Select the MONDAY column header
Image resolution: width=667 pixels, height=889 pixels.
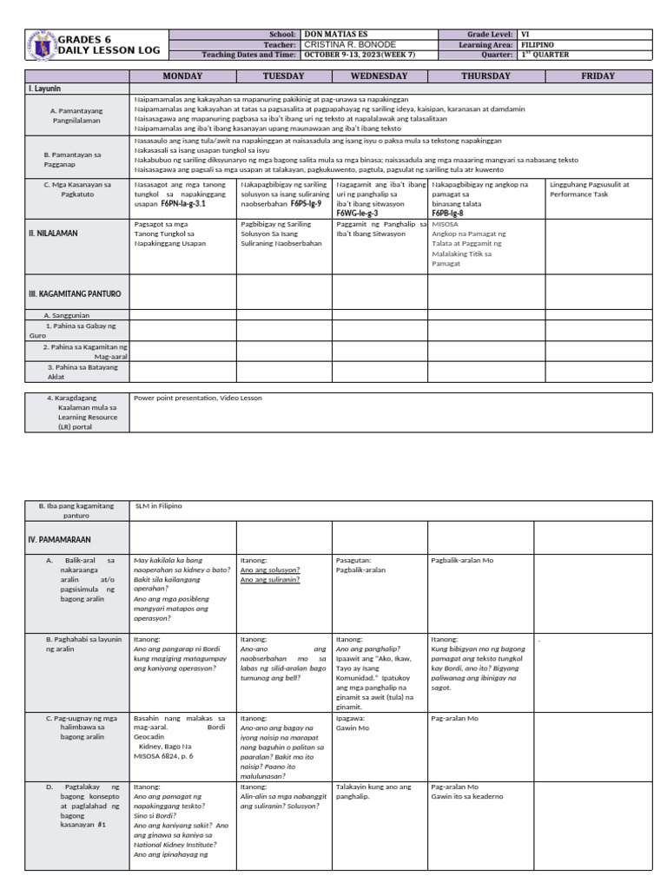[x=182, y=76]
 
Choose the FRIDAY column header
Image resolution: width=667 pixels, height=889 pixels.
[x=598, y=76]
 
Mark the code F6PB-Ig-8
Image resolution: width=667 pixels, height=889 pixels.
[x=448, y=213]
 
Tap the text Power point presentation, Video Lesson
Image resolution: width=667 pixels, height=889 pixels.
[x=197, y=398]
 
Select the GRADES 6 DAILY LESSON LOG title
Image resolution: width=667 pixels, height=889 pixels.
[x=109, y=45]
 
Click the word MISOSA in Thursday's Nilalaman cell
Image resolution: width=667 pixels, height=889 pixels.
[x=446, y=224]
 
